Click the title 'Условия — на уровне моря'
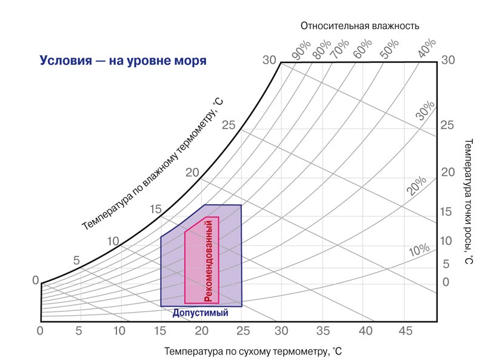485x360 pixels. pyautogui.click(x=123, y=61)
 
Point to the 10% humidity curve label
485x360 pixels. pyautogui.click(x=419, y=250)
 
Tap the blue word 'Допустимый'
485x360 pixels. pyautogui.click(x=200, y=313)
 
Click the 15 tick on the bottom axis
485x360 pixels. pyautogui.click(x=160, y=331)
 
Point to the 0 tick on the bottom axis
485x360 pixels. pyautogui.click(x=40, y=331)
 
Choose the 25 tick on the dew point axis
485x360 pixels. pyautogui.click(x=447, y=125)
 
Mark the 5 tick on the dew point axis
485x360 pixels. pyautogui.click(x=446, y=264)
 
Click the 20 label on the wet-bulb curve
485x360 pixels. pyautogui.click(x=192, y=172)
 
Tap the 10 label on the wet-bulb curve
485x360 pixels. pyautogui.click(x=113, y=241)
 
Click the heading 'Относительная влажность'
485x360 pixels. pyautogui.click(x=360, y=25)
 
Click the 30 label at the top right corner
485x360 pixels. pyautogui.click(x=447, y=60)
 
